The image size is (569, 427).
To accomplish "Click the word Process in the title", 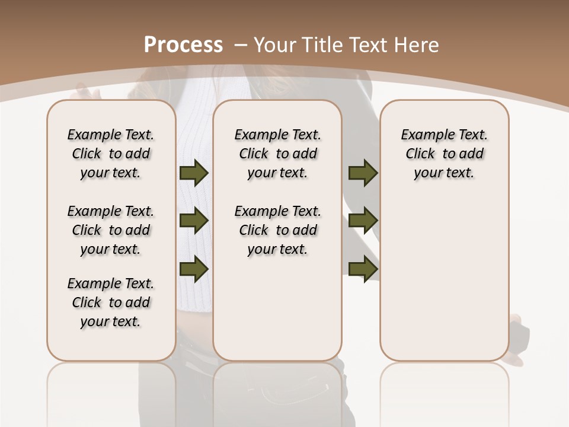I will click(184, 44).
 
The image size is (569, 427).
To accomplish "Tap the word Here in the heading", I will click(418, 44).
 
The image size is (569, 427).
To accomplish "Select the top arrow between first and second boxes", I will click(194, 173).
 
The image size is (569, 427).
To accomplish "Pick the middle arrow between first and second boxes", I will click(194, 221).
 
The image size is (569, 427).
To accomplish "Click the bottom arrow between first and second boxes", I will click(194, 269).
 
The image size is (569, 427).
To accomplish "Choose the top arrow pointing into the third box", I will click(363, 173).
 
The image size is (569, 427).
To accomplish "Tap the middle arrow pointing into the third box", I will click(363, 221).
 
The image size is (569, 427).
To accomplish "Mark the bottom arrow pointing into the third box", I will click(363, 269).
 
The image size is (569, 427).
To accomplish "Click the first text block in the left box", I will click(111, 154).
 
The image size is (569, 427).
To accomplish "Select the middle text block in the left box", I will click(111, 230).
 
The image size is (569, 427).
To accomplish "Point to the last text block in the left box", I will click(111, 302).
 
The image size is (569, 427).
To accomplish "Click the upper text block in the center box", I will click(278, 154).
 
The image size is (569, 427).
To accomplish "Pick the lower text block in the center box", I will click(278, 230).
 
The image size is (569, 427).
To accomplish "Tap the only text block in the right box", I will click(445, 154).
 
